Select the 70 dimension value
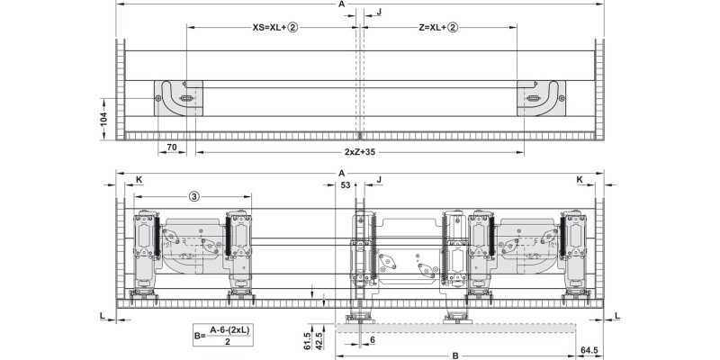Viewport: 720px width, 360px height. coord(171,146)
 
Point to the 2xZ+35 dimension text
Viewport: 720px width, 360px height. coord(359,150)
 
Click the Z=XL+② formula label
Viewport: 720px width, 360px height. coord(439,28)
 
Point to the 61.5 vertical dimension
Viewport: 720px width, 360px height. coord(306,344)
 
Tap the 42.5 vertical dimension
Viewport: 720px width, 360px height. coord(319,344)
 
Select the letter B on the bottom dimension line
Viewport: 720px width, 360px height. coord(455,355)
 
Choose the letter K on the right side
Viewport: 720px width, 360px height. coord(580,180)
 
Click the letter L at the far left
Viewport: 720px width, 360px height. coord(103,314)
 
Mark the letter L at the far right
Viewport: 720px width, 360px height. coord(616,314)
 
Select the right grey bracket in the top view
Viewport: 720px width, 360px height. coord(539,97)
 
